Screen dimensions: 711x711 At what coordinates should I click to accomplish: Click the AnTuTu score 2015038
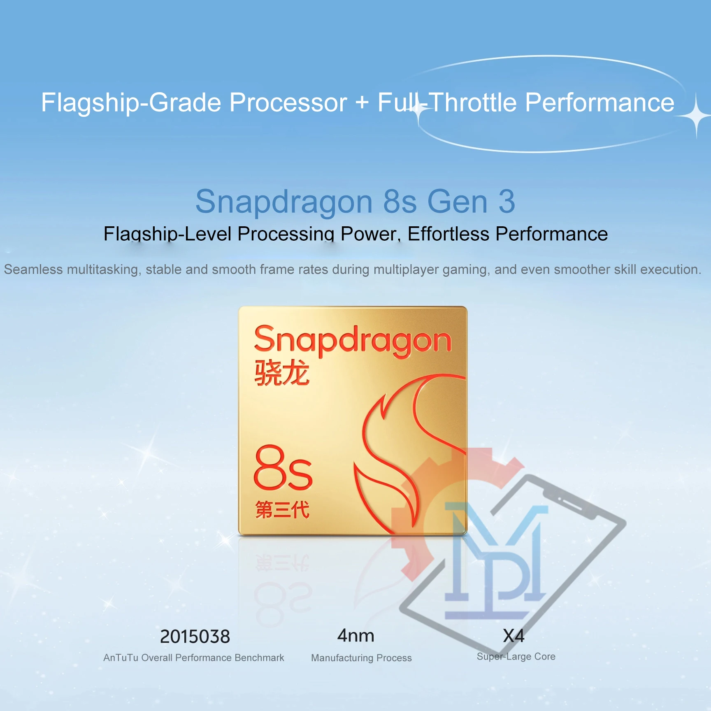click(x=195, y=637)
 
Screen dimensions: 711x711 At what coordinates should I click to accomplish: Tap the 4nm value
click(x=355, y=636)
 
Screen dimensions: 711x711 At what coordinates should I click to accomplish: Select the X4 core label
click(x=513, y=636)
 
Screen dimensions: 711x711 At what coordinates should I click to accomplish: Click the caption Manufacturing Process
click(x=361, y=658)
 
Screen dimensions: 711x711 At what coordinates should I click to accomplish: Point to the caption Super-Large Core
click(x=516, y=657)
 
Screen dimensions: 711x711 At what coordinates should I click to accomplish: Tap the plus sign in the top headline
click(x=362, y=103)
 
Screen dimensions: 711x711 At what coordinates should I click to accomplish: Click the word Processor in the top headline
click(x=288, y=102)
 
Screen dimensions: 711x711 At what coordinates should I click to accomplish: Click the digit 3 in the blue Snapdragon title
click(x=507, y=202)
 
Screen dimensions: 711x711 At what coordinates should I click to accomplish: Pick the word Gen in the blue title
click(x=458, y=202)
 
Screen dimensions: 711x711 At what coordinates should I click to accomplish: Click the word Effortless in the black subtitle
click(x=448, y=234)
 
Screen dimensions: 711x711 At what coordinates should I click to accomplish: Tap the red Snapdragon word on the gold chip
click(x=353, y=341)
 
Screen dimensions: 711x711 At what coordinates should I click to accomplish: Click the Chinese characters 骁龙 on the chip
click(x=282, y=372)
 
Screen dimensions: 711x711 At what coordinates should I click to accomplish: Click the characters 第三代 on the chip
click(x=282, y=509)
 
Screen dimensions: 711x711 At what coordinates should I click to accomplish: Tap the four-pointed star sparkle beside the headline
click(x=696, y=116)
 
